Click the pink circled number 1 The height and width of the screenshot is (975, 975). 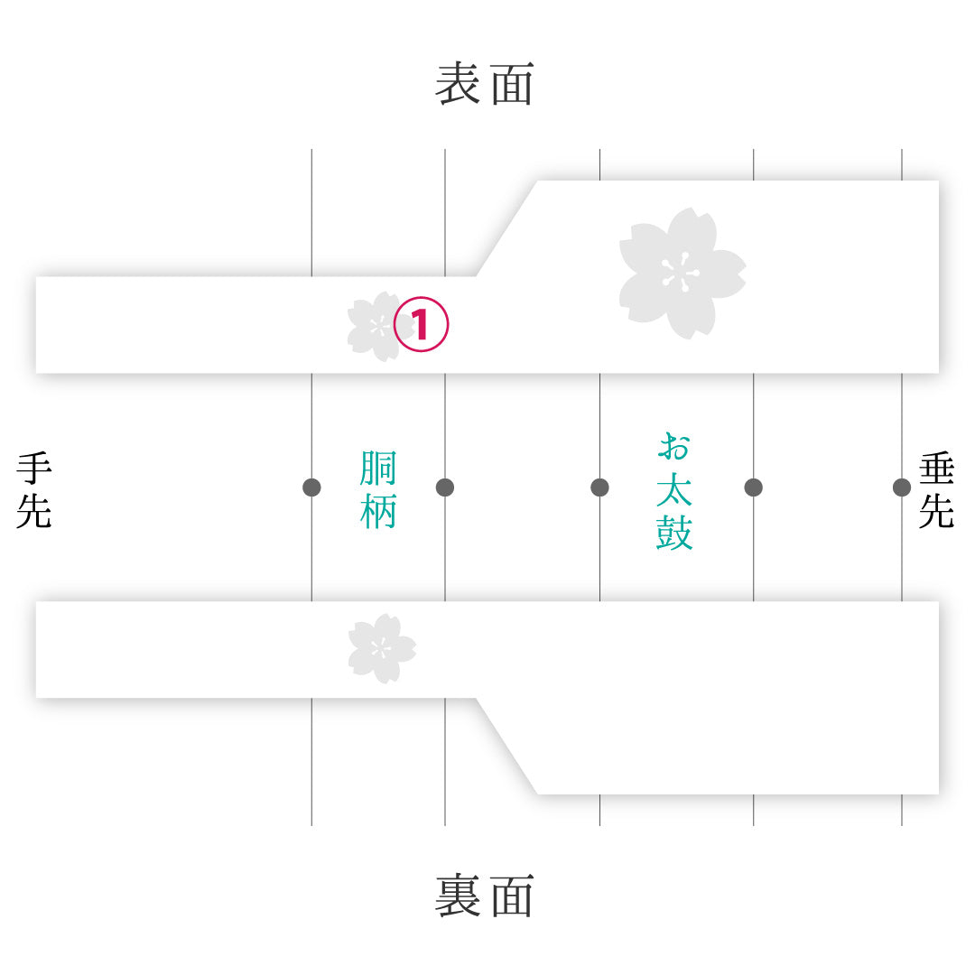coord(421,324)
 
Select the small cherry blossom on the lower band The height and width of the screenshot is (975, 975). coord(381,648)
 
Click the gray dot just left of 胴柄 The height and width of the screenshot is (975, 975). coord(311,487)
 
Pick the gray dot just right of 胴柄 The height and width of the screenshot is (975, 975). coord(445,487)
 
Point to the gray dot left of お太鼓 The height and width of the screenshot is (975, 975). coord(599,487)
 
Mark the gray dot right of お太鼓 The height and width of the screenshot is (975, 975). coord(754,487)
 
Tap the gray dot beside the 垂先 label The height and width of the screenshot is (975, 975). coord(902,487)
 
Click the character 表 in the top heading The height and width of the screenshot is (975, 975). coord(458,84)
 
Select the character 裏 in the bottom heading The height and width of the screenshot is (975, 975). coord(458,896)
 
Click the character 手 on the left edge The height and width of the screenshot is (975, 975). coord(34,469)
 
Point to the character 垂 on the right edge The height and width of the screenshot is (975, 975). coord(936,469)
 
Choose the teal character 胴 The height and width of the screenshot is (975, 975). coord(378,469)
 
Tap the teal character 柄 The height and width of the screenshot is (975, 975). coord(378,510)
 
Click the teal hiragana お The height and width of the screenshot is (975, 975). coord(674,447)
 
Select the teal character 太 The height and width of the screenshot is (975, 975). coord(674,489)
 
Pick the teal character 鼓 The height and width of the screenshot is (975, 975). coord(674,533)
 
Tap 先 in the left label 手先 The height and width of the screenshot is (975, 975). coord(34,510)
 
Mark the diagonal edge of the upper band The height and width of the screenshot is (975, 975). coord(506,228)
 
